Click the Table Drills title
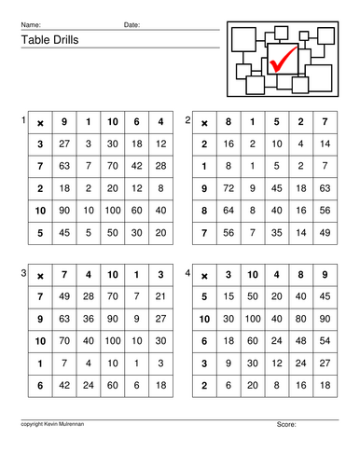(x=47, y=40)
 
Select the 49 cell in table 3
(x=63, y=296)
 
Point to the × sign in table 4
(x=204, y=275)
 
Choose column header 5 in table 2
(x=275, y=122)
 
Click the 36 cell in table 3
(x=88, y=319)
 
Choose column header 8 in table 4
(x=299, y=275)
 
